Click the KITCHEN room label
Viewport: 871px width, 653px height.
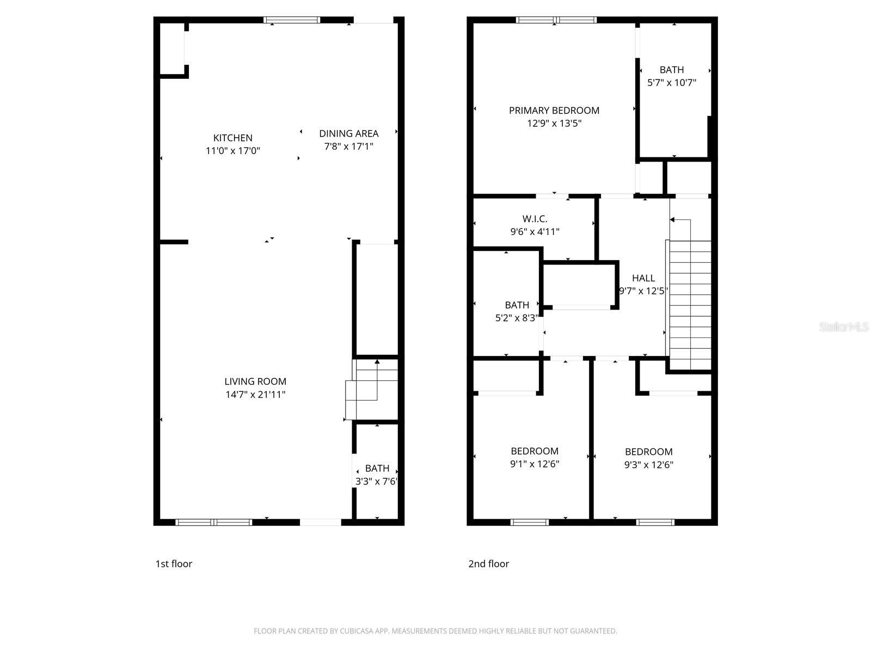(232, 138)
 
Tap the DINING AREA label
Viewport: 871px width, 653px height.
(348, 133)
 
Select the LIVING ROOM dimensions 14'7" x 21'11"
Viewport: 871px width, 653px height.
(255, 395)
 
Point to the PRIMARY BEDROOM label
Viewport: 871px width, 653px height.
(554, 110)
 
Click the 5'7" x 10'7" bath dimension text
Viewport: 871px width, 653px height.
(671, 83)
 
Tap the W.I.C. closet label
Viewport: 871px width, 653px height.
(535, 219)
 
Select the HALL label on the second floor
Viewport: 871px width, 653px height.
(643, 278)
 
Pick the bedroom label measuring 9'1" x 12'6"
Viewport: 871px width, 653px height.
(534, 451)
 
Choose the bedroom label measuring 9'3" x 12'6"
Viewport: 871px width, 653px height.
(648, 452)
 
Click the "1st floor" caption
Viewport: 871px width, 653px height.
(174, 564)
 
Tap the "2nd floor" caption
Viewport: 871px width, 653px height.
(488, 564)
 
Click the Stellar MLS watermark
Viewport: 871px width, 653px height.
(844, 327)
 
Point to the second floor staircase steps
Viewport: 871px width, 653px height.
(690, 305)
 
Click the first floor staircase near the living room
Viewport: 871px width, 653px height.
(370, 389)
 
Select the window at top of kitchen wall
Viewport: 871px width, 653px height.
(292, 20)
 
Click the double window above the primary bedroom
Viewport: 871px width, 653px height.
(556, 20)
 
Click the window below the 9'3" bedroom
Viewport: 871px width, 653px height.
(655, 522)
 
